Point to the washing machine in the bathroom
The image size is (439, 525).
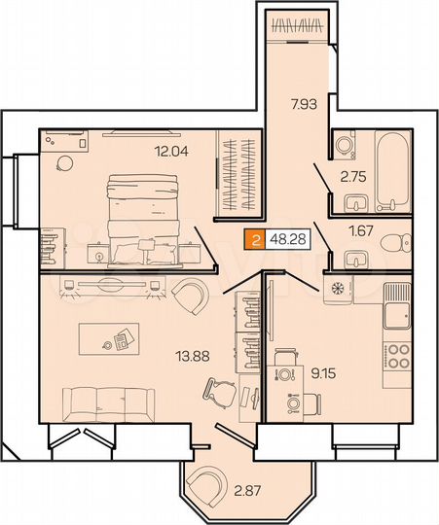click(348, 145)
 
